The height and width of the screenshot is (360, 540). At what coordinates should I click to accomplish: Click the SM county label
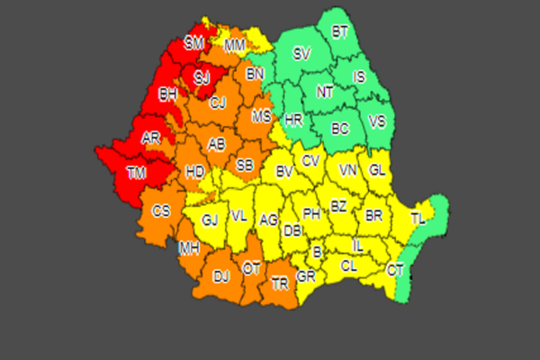(x=194, y=42)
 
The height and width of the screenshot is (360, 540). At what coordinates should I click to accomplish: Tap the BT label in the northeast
(x=340, y=32)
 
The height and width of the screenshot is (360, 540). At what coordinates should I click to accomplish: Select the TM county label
(x=137, y=174)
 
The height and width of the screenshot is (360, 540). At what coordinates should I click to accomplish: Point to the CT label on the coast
(x=395, y=269)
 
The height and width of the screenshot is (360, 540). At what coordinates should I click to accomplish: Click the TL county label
(x=418, y=219)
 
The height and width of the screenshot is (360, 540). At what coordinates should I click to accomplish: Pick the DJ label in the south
(x=221, y=277)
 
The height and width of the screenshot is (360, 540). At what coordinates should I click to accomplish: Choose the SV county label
(x=301, y=54)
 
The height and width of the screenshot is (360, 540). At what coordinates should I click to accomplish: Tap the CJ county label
(x=218, y=103)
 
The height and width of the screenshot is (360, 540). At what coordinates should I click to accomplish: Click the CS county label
(x=161, y=211)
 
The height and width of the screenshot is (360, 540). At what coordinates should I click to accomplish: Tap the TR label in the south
(x=281, y=283)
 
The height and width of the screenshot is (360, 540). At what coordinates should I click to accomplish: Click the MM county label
(x=235, y=45)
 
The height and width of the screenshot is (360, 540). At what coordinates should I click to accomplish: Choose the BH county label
(x=167, y=94)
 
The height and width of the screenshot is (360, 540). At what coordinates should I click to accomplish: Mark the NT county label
(x=324, y=91)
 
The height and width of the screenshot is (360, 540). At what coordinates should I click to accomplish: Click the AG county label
(x=268, y=219)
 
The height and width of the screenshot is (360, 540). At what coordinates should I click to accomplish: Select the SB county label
(x=245, y=166)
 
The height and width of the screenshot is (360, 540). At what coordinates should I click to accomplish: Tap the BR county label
(x=373, y=216)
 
